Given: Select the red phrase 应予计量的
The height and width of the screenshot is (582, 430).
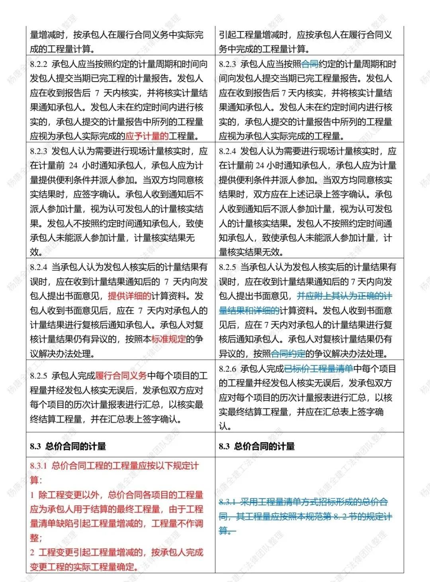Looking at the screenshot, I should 147,136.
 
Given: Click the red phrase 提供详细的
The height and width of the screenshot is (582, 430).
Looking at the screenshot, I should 129,296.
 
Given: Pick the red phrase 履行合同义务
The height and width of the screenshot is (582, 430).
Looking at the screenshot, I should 121,376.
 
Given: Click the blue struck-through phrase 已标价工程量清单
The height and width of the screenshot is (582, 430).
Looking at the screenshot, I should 319,369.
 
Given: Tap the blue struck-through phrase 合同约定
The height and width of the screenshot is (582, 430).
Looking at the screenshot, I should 288,354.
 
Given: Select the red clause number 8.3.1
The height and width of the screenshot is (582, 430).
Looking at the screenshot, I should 39,466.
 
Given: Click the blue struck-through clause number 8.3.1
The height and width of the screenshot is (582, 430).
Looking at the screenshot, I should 228,502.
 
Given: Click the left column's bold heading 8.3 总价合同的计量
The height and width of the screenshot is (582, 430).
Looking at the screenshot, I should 68,446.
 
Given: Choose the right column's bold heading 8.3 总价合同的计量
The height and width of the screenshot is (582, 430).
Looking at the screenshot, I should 257,446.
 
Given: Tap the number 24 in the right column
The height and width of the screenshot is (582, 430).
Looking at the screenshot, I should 260,166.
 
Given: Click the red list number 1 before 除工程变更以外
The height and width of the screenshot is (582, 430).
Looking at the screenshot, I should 32,495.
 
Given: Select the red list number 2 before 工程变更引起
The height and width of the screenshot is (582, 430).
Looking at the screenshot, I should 32,553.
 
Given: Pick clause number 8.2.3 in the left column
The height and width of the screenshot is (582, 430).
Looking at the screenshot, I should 39,151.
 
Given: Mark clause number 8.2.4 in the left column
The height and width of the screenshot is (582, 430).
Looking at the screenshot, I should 39,267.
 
